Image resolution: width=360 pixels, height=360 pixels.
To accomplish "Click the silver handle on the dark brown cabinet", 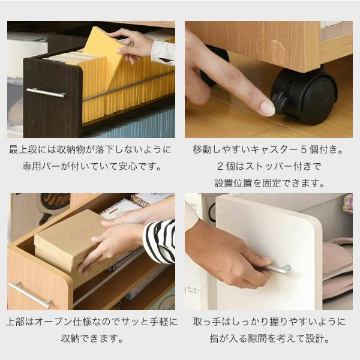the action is [46, 92].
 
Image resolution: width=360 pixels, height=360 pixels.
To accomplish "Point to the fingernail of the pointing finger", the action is [268, 109].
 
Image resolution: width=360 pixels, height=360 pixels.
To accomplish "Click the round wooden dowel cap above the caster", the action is [277, 49].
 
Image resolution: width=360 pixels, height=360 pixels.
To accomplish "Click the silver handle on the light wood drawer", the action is [30, 295].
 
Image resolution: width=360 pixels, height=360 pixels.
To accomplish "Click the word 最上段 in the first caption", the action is [23, 149].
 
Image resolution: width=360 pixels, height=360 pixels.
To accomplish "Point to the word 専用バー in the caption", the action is [41, 166].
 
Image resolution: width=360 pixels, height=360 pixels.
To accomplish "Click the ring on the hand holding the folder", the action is [131, 44].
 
